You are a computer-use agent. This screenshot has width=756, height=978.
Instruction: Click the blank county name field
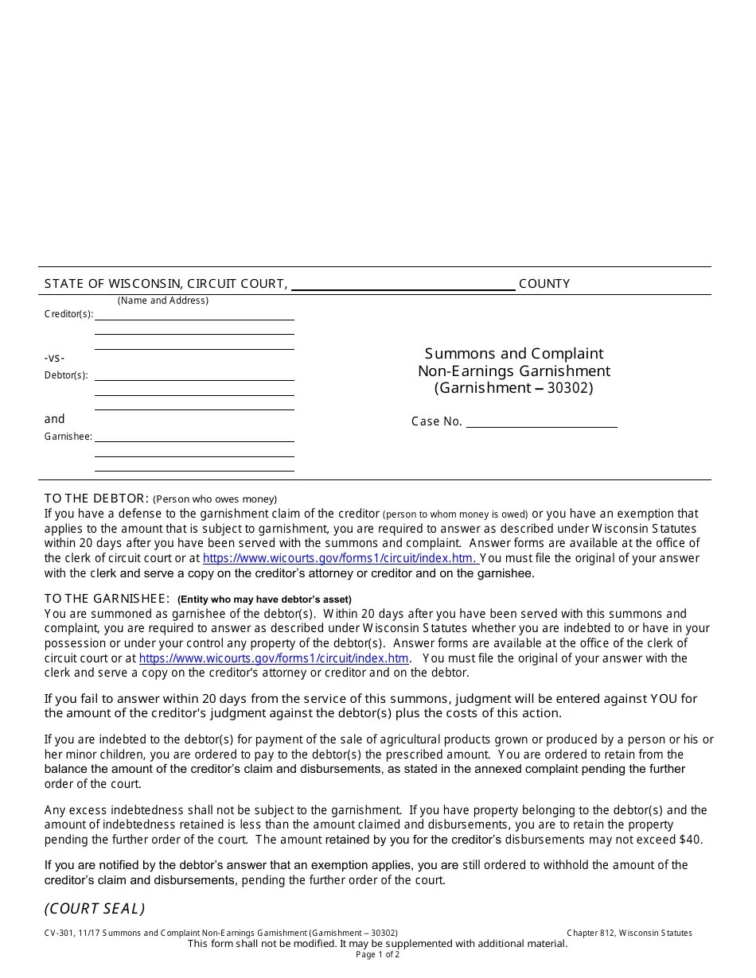click(403, 285)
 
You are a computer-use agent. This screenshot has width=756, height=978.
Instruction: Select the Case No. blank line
click(541, 421)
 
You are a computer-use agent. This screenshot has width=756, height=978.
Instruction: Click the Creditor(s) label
click(68, 314)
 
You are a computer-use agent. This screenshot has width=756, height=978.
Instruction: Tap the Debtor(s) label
click(66, 375)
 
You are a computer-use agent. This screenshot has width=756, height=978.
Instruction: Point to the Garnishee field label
click(68, 437)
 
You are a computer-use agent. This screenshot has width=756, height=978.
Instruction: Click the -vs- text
click(54, 358)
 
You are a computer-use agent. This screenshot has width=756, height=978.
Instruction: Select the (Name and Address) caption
click(163, 301)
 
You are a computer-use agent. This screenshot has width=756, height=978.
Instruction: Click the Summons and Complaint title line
click(513, 354)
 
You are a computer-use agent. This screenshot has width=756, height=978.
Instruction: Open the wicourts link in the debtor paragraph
click(340, 558)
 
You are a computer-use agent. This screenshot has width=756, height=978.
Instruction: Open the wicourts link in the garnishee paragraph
click(274, 658)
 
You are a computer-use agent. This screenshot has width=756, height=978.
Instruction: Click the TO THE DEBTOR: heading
click(96, 499)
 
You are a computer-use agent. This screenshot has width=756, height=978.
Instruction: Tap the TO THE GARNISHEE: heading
click(107, 599)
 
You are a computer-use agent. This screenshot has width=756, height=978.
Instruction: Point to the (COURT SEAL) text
click(95, 909)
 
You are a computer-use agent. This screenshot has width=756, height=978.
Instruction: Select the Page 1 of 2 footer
click(378, 955)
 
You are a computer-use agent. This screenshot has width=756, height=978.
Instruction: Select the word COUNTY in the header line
click(544, 284)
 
